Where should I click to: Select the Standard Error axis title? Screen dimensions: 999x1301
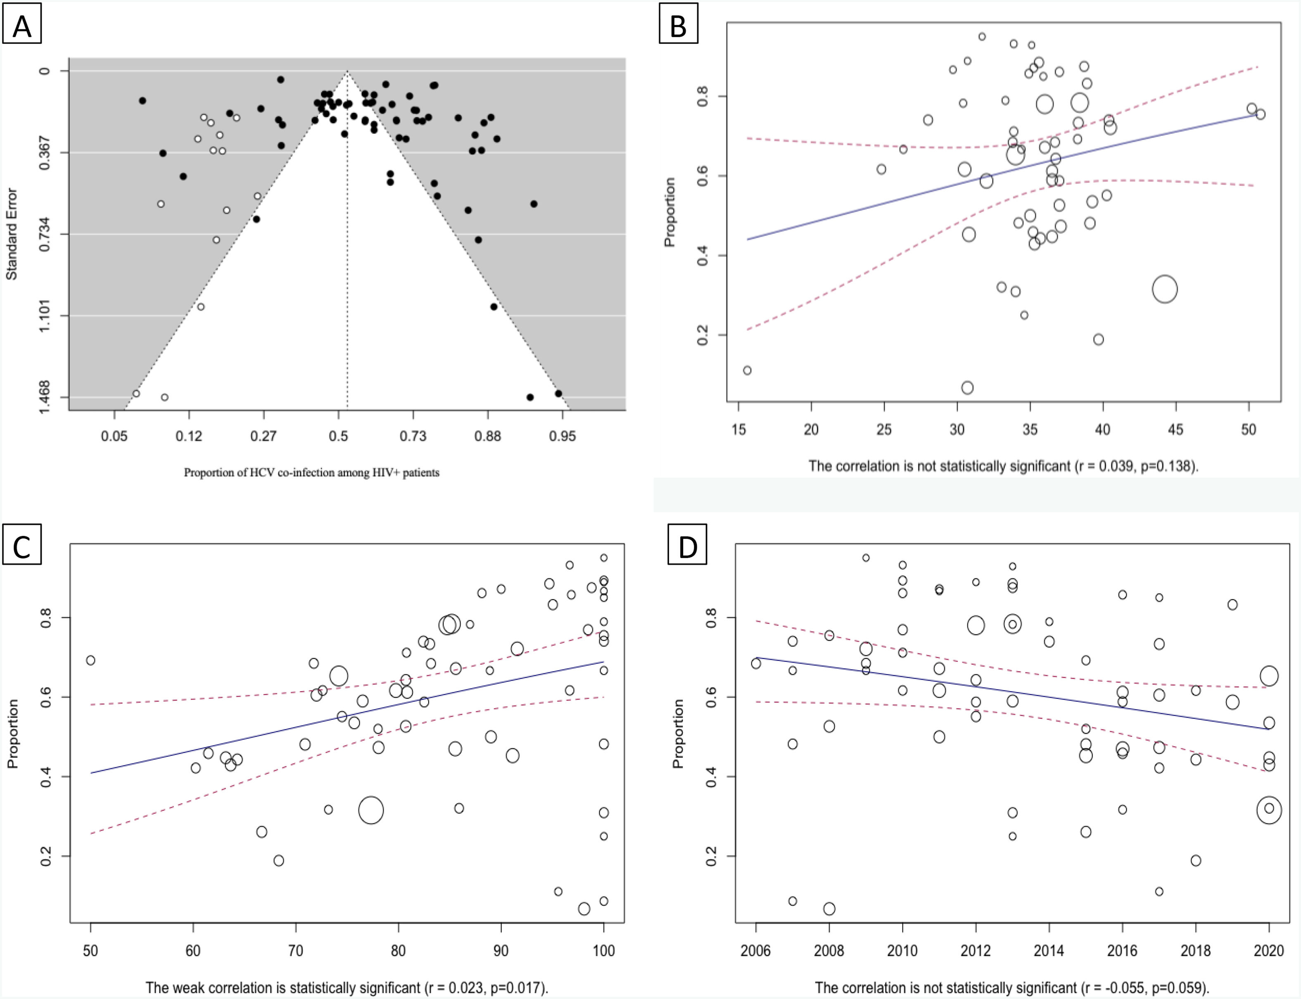tap(11, 234)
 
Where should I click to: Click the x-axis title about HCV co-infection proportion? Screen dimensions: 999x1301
tap(311, 473)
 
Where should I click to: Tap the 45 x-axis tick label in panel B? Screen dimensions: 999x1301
tap(1175, 430)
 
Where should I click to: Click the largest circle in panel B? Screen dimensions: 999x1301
tap(1164, 289)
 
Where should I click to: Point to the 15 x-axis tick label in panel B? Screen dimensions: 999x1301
tap(738, 430)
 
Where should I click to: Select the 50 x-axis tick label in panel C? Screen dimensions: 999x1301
tap(90, 951)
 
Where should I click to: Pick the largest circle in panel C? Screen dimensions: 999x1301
tap(371, 810)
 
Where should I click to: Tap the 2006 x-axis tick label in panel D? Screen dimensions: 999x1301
tap(756, 951)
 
